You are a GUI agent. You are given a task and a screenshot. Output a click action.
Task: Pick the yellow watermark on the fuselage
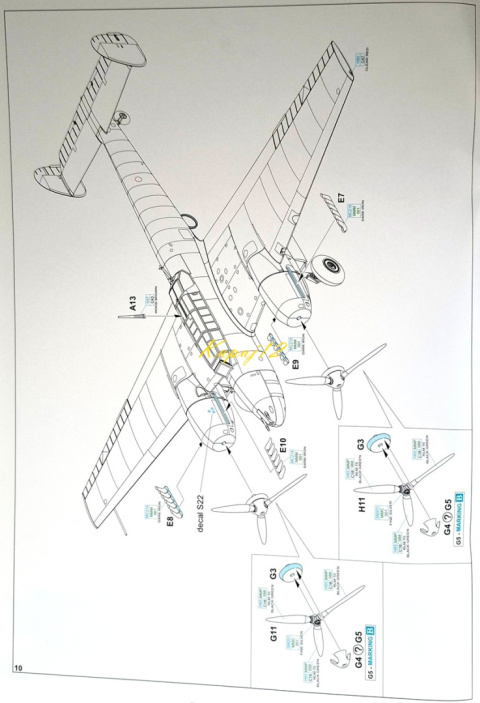pos(240,347)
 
